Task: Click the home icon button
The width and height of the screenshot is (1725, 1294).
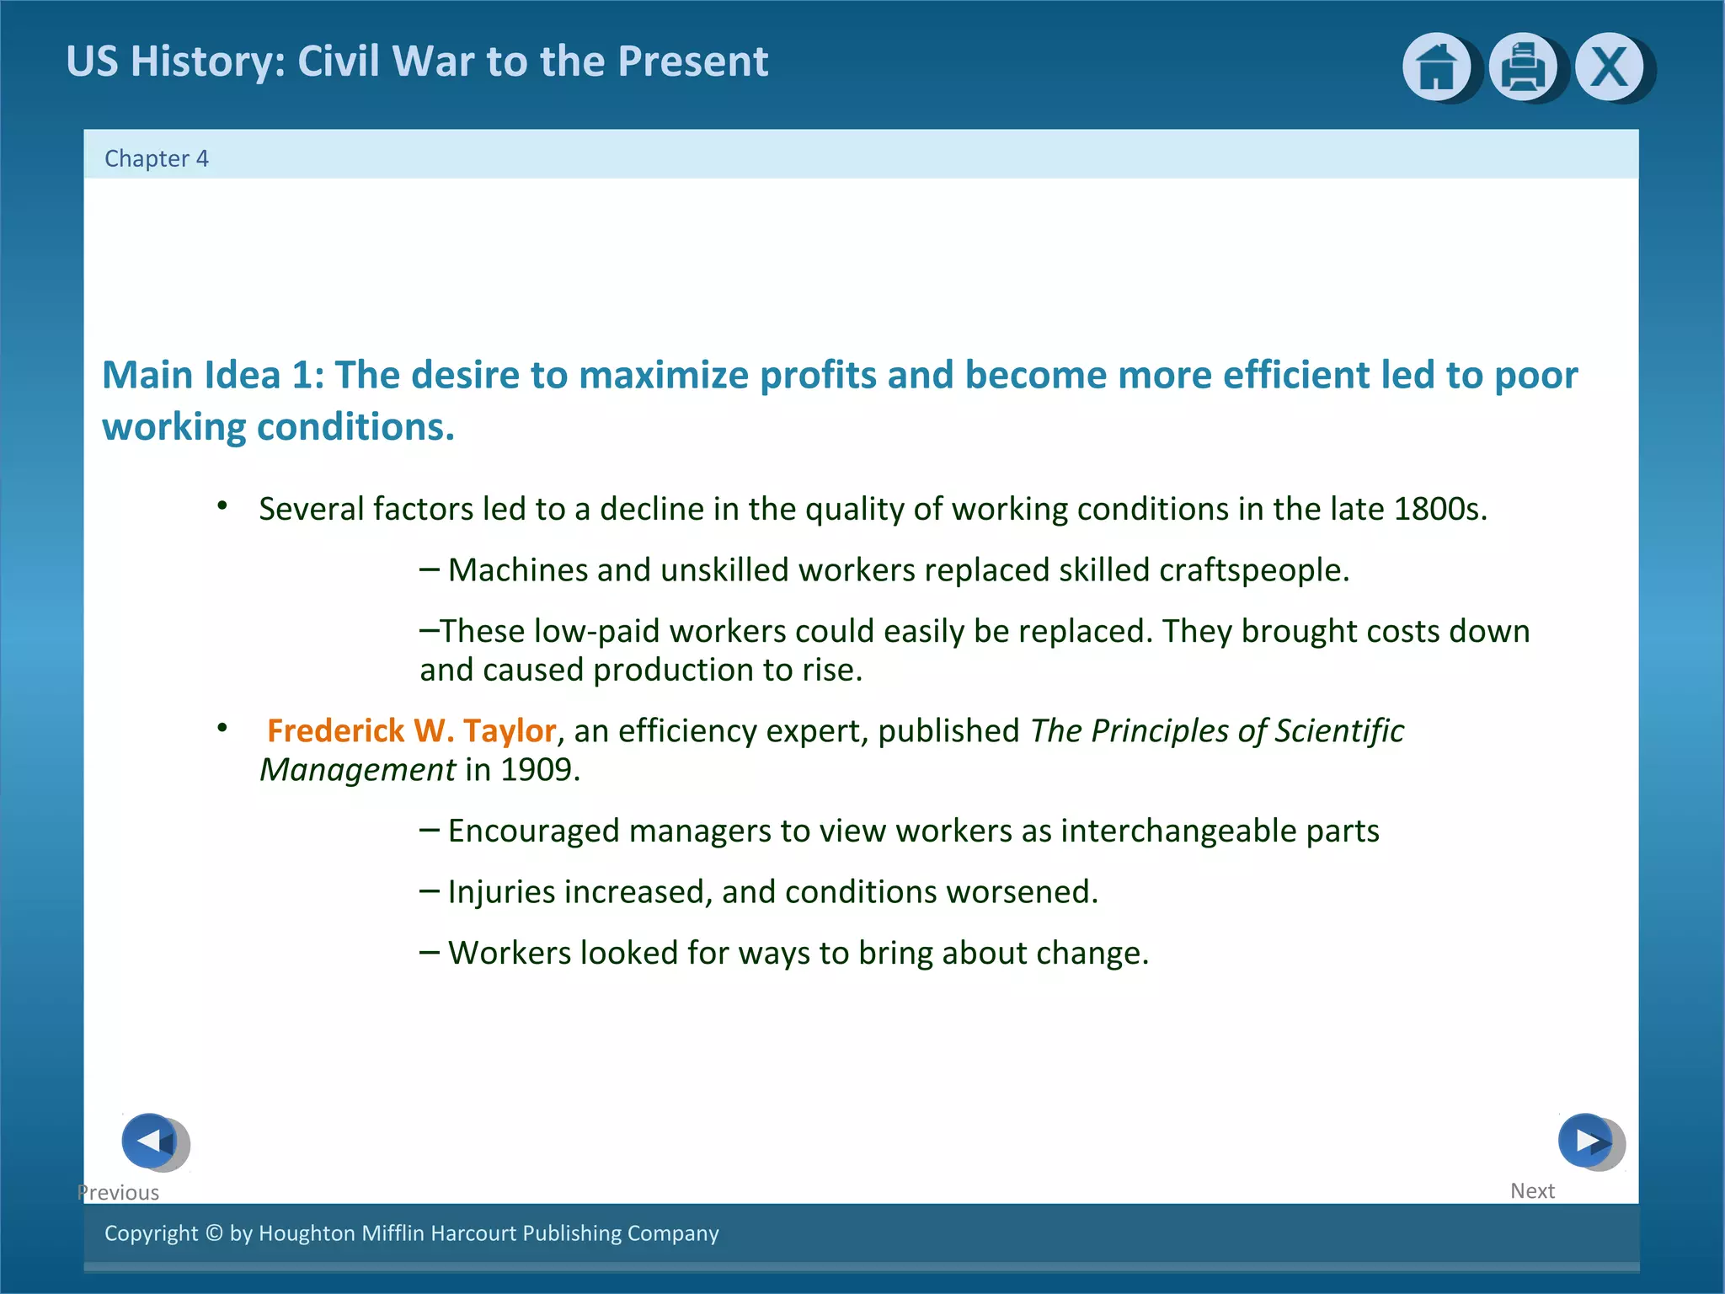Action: [x=1435, y=67]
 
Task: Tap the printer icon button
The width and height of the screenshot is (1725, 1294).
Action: [x=1522, y=67]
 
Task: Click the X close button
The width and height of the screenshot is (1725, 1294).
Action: [x=1609, y=67]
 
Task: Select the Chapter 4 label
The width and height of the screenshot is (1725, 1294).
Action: [x=156, y=158]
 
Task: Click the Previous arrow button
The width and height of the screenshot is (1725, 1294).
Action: [x=151, y=1142]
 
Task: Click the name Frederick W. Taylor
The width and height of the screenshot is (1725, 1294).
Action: [x=411, y=731]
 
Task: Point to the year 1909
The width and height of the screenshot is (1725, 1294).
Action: [x=539, y=770]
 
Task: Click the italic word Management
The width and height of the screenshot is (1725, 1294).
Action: [x=357, y=770]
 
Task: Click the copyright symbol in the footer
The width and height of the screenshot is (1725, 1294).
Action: [x=214, y=1233]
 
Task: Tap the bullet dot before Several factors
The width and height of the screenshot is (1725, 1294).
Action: [x=222, y=505]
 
